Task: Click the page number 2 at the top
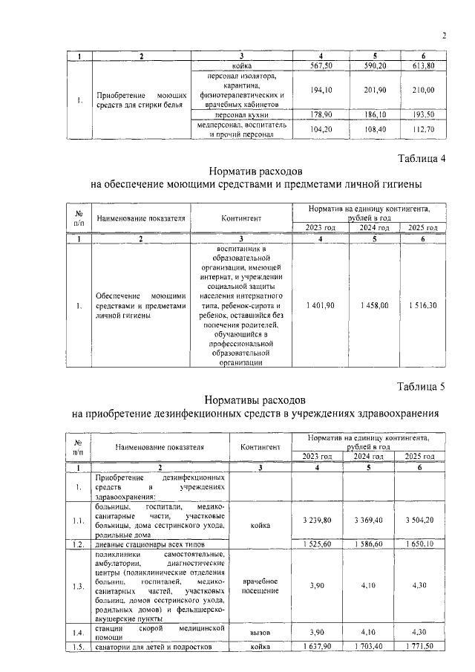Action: point(444,34)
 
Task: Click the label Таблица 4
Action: point(422,157)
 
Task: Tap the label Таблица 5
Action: point(422,386)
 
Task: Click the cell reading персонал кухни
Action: point(237,116)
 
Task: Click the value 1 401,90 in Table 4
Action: point(321,305)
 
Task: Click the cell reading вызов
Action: point(260,632)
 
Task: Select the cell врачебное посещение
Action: point(260,585)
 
